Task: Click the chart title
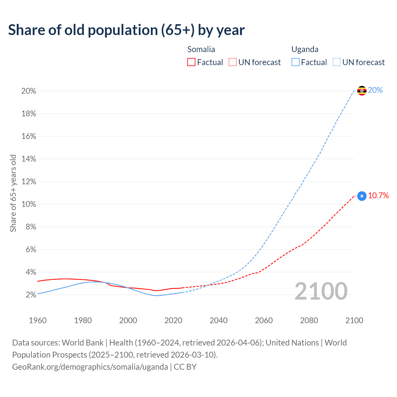coord(126,30)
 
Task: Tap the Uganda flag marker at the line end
coord(362,91)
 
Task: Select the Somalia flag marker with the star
coord(362,196)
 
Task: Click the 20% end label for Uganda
coord(375,90)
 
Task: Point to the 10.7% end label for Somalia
coord(378,195)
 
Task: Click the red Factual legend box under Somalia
coord(191,62)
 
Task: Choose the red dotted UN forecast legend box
coord(233,62)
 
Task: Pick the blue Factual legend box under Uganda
coord(296,62)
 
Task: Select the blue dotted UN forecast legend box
coord(337,62)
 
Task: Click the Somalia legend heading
coord(201,49)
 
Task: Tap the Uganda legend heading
coord(305,49)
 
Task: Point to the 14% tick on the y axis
coord(29,159)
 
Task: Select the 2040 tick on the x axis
coord(219,320)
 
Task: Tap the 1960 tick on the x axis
coord(38,320)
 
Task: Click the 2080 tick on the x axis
coord(309,320)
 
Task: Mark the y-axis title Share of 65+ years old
coord(13,193)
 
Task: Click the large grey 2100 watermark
coord(321,291)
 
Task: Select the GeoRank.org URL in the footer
coord(90,367)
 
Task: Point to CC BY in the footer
coord(185,367)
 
